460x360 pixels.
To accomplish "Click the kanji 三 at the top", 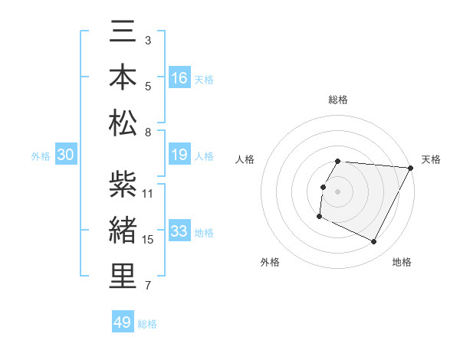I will coord(123,33).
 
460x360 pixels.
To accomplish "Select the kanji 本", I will coord(123,77).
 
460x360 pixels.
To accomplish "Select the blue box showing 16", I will coord(179,77).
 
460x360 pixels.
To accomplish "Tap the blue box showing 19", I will coord(179,155).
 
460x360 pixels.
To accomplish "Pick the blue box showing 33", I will coord(179,231).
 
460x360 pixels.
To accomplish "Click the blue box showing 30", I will coord(65,155).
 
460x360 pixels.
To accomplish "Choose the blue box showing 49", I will coord(123,322).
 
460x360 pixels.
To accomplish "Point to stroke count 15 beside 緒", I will coord(148,240).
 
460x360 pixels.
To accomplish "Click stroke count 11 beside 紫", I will coord(148,193).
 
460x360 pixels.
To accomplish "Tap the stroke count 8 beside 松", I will coord(148,133).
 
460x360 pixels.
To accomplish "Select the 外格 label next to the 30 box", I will coord(41,156).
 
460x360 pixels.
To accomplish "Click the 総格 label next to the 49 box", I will coord(147,323).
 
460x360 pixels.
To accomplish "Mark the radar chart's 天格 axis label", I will coord(431,159).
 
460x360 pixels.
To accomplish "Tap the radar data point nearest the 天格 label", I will coord(411,168).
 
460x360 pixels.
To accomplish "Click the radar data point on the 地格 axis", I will coord(374,242).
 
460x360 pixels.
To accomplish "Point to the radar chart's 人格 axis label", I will coord(245,159).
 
